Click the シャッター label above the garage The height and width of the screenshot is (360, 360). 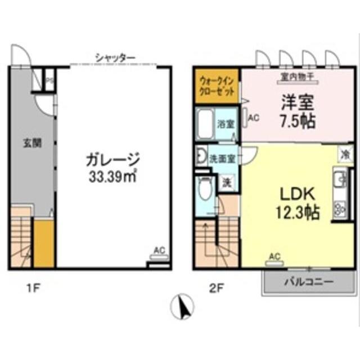pyautogui.click(x=115, y=57)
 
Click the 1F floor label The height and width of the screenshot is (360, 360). pyautogui.click(x=33, y=290)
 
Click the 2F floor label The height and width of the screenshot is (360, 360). pyautogui.click(x=217, y=290)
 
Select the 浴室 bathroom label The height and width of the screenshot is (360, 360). pyautogui.click(x=226, y=124)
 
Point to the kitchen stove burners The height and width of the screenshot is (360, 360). pyautogui.click(x=340, y=210)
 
